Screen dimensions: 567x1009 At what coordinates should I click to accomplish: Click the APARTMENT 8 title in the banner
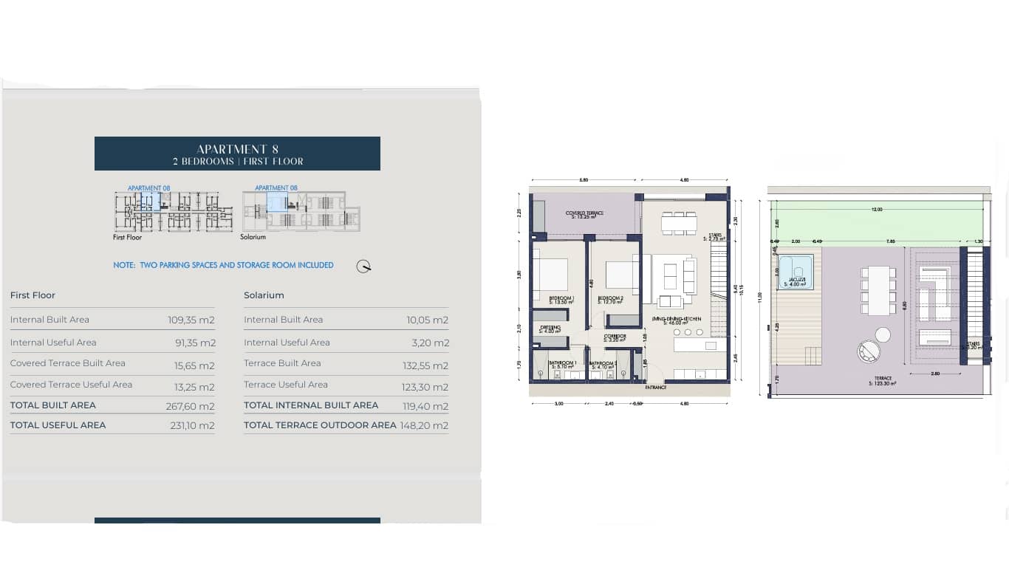point(237,149)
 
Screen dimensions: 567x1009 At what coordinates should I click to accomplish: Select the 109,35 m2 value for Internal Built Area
point(191,320)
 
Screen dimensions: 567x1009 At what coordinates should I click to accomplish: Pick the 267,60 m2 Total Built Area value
point(190,406)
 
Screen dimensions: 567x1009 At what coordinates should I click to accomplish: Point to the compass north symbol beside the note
point(363,267)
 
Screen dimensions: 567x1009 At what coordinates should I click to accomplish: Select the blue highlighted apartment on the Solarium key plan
point(277,203)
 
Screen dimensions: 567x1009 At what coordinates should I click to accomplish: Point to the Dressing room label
point(550,329)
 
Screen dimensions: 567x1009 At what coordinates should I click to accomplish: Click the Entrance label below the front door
point(655,388)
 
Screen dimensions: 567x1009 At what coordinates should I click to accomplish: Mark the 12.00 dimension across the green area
point(876,210)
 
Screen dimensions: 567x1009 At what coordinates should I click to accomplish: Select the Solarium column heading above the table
point(264,295)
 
